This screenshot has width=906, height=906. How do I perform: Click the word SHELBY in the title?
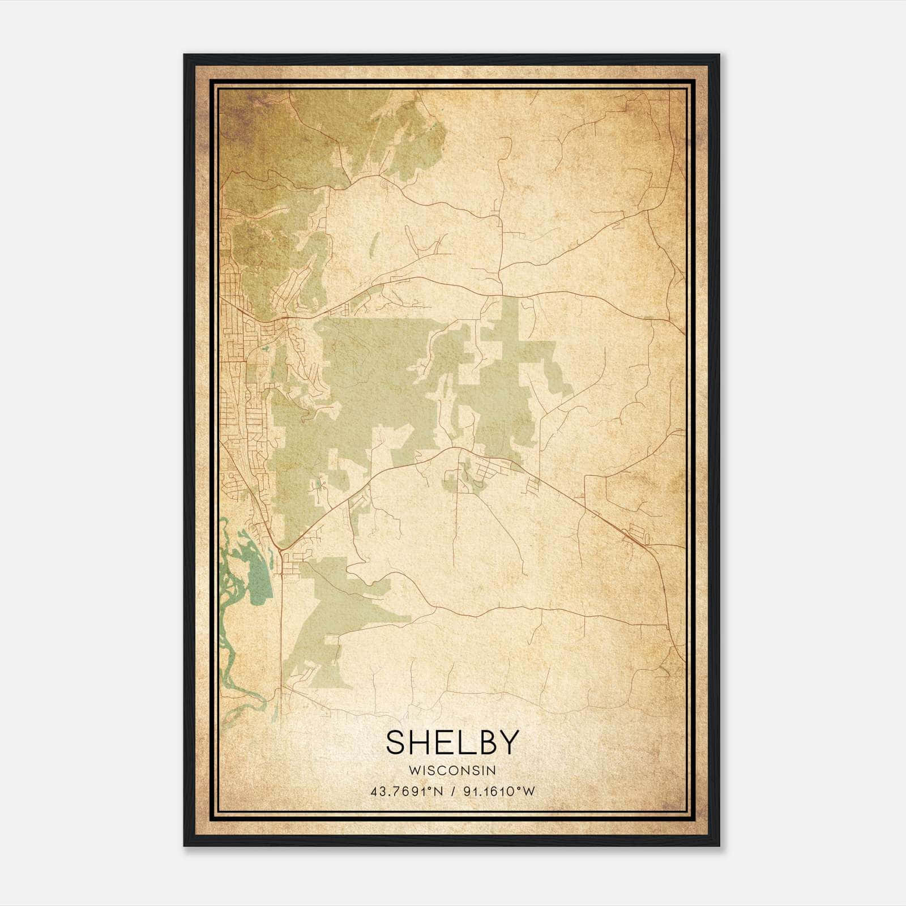pyautogui.click(x=452, y=742)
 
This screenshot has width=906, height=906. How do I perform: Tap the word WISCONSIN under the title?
pyautogui.click(x=452, y=771)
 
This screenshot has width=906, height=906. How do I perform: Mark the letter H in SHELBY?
pyautogui.click(x=419, y=742)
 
